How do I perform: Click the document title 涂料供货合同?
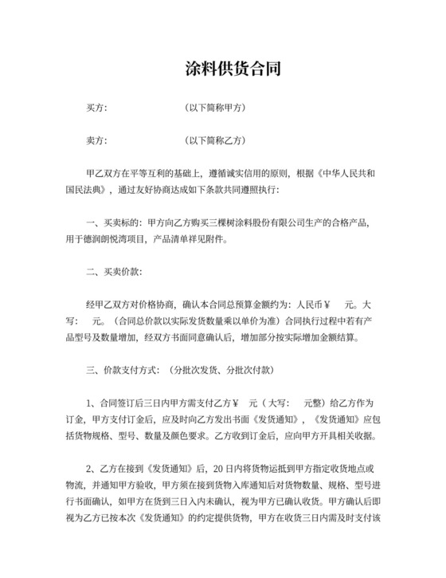(x=223, y=69)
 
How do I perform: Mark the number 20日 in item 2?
(x=223, y=469)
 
